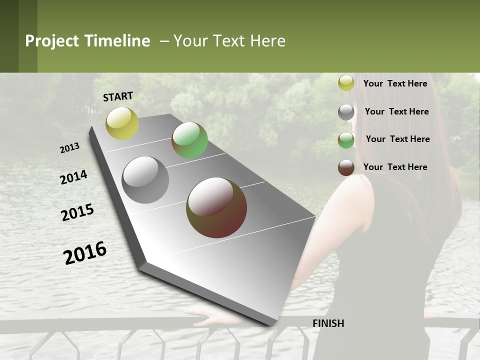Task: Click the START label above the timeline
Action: coord(118,96)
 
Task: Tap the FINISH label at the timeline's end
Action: coord(328,323)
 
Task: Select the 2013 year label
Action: coord(70,148)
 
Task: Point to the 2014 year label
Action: coord(74,177)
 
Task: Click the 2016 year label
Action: coord(85,253)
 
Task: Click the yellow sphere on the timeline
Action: coord(122,123)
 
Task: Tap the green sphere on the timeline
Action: coord(189,140)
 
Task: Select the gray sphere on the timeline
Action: coord(145,180)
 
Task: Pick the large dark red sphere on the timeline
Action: coord(216,207)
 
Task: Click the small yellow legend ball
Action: coord(346,83)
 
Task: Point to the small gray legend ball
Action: coord(346,112)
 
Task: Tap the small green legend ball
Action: coord(346,140)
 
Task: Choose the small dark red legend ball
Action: coord(346,167)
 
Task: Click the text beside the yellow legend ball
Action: coord(395,83)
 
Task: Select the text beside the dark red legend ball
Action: coord(395,167)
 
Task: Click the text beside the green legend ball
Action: coord(398,139)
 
